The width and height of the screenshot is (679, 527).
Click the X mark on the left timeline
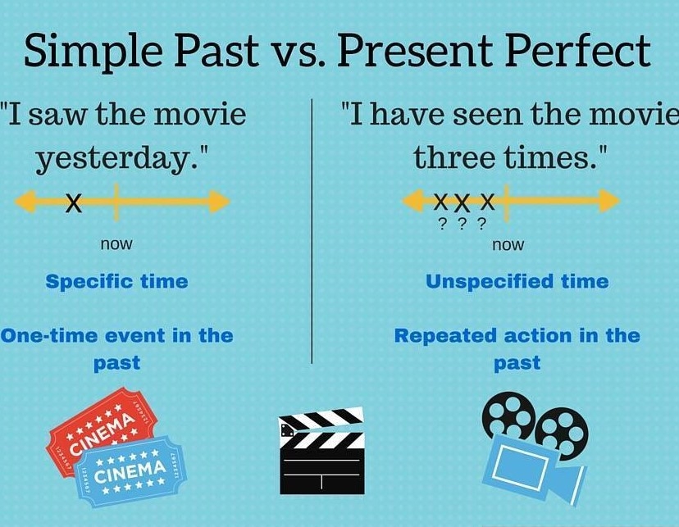click(x=74, y=202)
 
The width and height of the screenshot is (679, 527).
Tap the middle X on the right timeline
click(x=463, y=202)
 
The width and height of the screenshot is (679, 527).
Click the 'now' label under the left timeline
click(x=116, y=244)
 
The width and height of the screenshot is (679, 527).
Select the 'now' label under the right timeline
click(x=508, y=245)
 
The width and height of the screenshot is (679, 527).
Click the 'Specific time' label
click(x=116, y=282)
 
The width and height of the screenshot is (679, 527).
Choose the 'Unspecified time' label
click(x=517, y=282)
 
